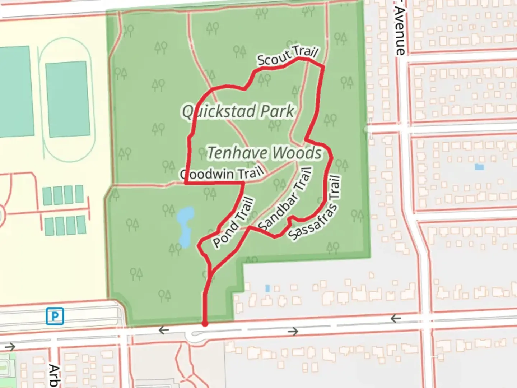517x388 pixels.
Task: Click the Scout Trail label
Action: tap(288, 56)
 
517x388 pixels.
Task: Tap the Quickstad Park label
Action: tap(238, 111)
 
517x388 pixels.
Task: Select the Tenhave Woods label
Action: tap(265, 153)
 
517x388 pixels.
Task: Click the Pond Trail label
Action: tap(234, 223)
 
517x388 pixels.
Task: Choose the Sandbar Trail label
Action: tap(284, 199)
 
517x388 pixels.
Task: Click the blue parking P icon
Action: tap(55, 316)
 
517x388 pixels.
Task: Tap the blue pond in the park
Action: tap(185, 226)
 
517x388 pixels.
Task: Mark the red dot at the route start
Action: tap(205, 324)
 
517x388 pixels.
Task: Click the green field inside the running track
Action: tap(67, 99)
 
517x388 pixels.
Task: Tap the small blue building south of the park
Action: tap(267, 288)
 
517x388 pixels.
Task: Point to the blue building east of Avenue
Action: tap(479, 167)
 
